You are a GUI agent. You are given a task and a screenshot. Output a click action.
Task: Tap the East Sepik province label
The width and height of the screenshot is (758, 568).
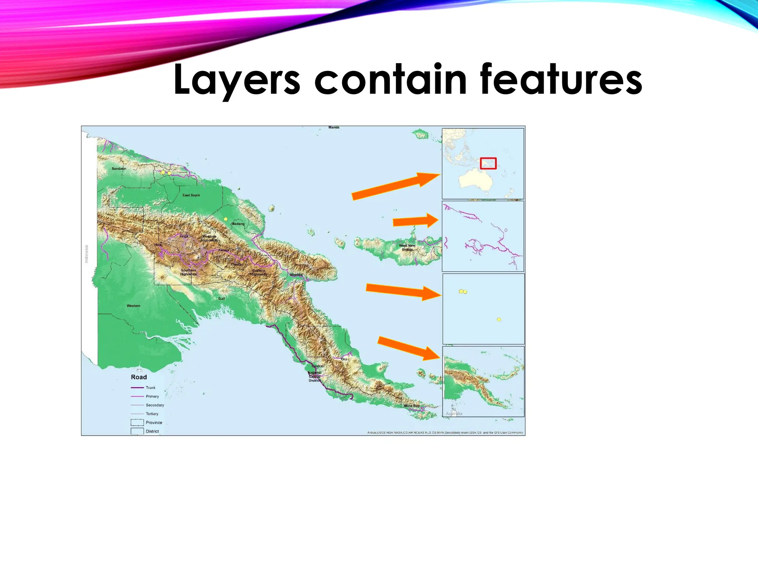coord(191,195)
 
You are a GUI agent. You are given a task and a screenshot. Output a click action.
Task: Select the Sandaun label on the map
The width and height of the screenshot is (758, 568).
coord(119,169)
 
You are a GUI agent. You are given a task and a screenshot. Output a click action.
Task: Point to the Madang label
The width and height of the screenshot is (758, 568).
coord(238,224)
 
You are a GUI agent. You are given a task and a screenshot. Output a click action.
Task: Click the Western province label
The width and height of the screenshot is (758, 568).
coord(133,306)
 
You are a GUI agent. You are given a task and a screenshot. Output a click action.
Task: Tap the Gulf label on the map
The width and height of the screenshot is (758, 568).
coord(221,298)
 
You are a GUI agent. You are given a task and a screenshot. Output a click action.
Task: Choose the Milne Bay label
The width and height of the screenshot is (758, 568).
coord(412,406)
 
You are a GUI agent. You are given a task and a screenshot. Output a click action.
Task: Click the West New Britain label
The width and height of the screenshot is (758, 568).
coord(407,247)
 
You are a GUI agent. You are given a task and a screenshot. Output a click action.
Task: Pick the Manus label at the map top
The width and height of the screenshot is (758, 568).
coord(333,127)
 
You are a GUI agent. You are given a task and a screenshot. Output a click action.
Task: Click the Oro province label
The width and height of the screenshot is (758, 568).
coord(344,359)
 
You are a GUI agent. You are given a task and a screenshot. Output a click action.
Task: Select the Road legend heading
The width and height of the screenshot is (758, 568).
coord(139,377)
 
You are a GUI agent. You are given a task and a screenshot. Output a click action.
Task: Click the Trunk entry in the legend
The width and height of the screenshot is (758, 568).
coord(150,388)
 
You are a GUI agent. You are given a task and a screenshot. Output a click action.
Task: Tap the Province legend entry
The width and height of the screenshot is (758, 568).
coord(154,422)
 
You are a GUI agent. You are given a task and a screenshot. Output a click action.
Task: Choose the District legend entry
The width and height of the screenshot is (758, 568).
coord(152,431)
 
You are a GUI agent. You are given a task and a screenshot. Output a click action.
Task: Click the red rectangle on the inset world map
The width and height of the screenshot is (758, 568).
coord(488,163)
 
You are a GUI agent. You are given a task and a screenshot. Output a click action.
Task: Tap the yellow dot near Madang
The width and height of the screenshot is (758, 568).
coord(225,219)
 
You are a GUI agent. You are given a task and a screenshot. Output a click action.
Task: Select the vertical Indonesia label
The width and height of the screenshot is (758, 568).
coord(87,254)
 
